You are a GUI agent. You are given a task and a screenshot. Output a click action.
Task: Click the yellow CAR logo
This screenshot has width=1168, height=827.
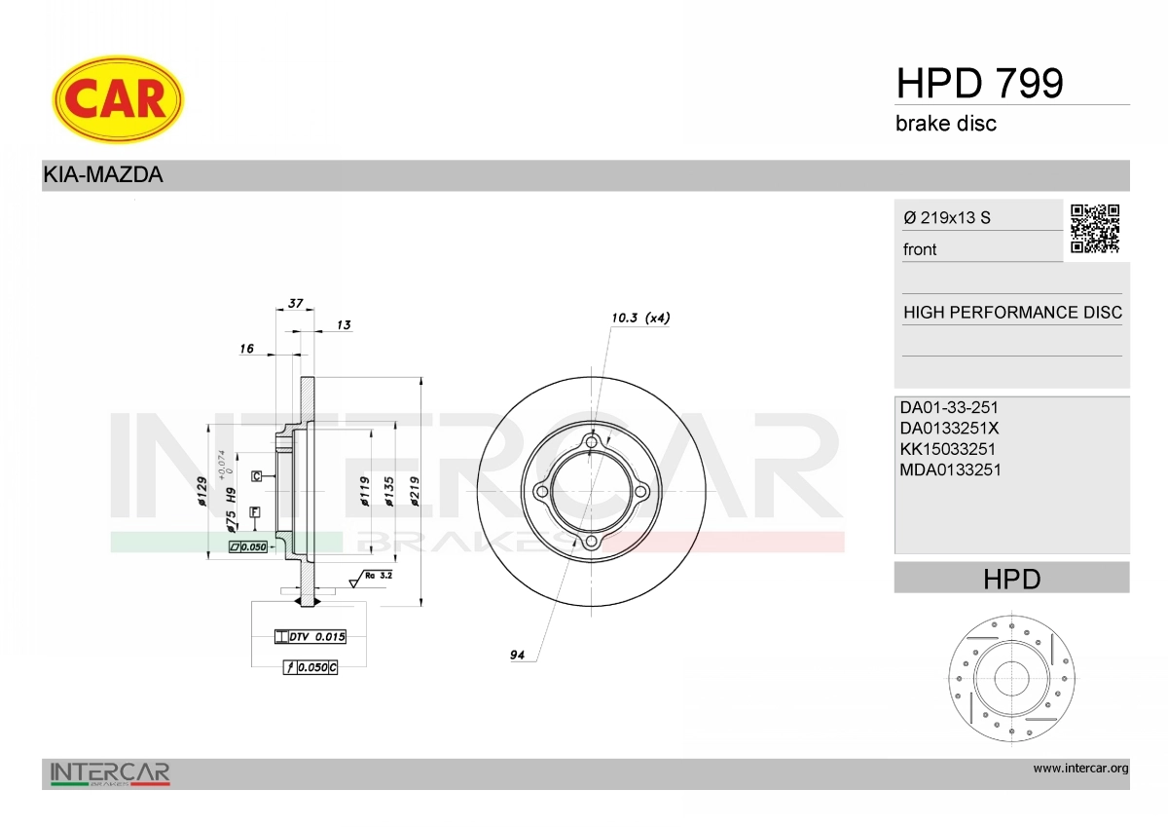[x=118, y=98]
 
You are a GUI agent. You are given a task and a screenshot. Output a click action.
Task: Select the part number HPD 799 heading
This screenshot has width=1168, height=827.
[x=979, y=84]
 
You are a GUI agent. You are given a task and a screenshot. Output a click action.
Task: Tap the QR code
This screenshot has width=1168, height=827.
[x=1095, y=229]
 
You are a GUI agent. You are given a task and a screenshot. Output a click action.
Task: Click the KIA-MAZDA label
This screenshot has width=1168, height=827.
[x=102, y=175]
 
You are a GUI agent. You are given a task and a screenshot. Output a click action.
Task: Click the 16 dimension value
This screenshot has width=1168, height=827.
[x=246, y=348]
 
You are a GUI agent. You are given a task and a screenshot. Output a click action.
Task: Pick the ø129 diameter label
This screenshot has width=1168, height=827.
[x=202, y=491]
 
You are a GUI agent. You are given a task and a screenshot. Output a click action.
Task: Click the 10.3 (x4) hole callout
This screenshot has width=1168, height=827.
[x=640, y=318]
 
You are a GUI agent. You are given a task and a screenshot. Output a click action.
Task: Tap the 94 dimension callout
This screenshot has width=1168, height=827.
[x=517, y=656]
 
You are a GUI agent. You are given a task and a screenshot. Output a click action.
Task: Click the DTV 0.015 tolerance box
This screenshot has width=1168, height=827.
[x=310, y=637]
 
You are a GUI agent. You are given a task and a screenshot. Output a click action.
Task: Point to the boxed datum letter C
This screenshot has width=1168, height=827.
[x=256, y=476]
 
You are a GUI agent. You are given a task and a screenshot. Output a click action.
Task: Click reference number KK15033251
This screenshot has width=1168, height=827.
[x=948, y=449]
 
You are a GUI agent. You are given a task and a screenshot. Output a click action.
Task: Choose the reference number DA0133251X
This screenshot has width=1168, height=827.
[x=949, y=428]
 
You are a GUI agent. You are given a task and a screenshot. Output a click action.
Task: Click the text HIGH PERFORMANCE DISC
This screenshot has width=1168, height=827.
[x=1012, y=313]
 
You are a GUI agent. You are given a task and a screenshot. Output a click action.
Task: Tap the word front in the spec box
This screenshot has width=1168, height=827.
[x=920, y=249]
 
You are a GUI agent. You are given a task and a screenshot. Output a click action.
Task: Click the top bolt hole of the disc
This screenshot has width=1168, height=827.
[x=592, y=444]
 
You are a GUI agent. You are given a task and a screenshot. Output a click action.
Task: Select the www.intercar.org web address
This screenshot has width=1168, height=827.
[x=1080, y=769]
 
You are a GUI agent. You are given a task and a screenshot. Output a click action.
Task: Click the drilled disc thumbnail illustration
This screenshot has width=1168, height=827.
[x=1011, y=680]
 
